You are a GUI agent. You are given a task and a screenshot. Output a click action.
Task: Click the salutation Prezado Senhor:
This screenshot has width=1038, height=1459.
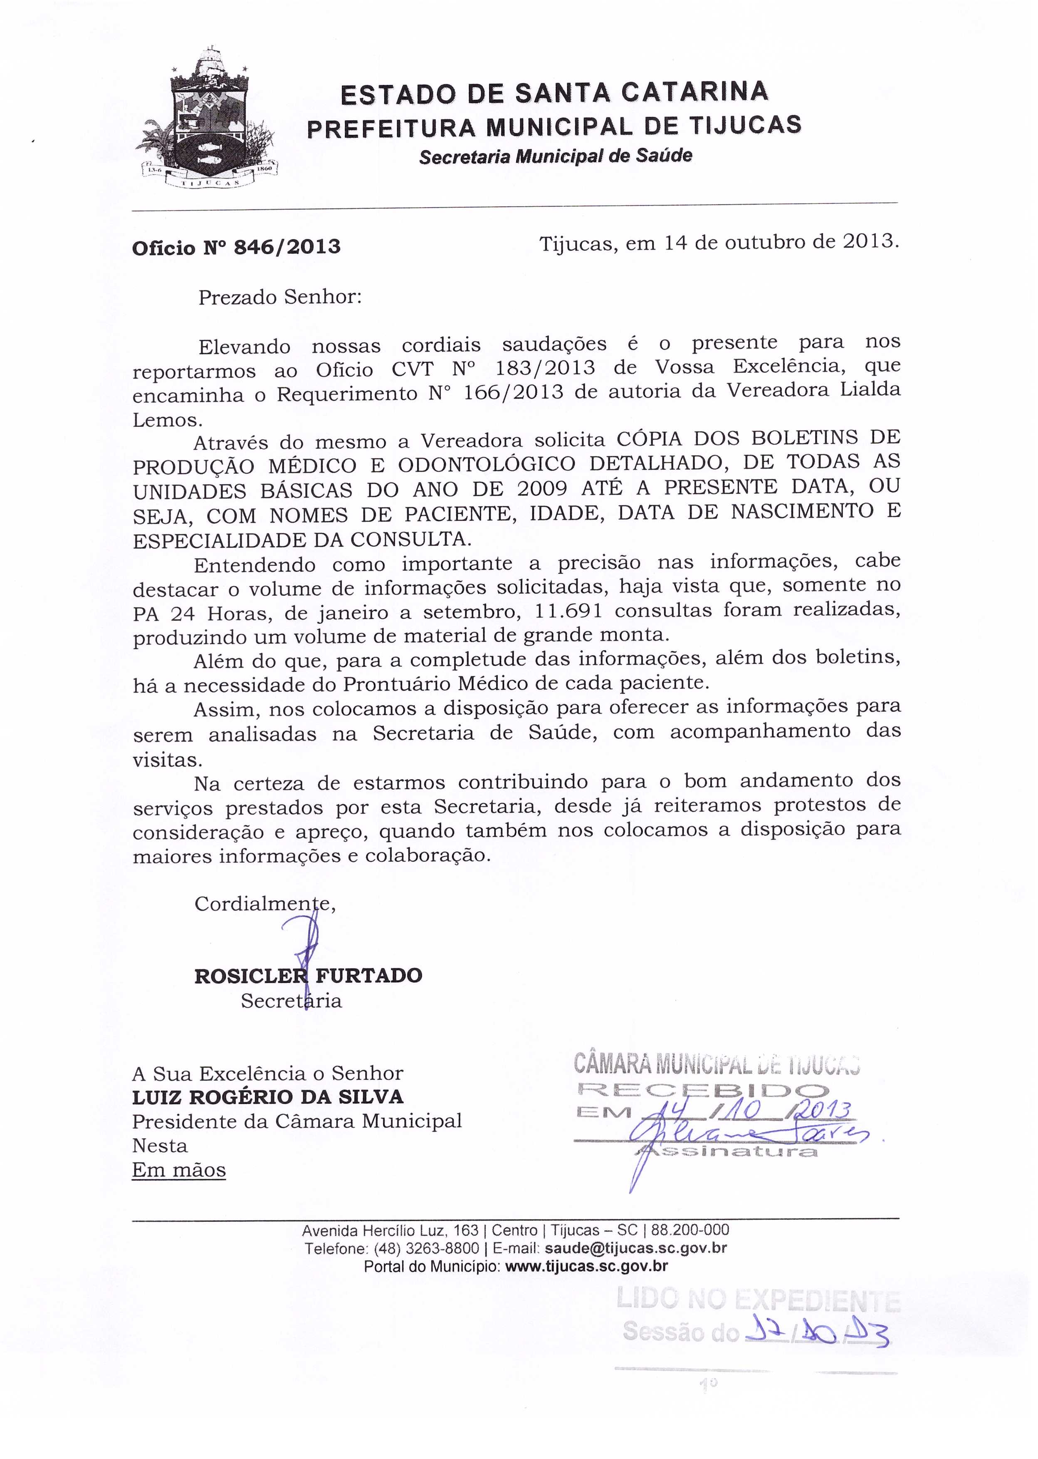pyautogui.click(x=280, y=297)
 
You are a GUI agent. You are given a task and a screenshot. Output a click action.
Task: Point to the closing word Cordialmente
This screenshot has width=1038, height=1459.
pyautogui.click(x=264, y=904)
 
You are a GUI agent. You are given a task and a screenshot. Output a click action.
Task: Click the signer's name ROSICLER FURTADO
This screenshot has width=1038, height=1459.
pyautogui.click(x=308, y=976)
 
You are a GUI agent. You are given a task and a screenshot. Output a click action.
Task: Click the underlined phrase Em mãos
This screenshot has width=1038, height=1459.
pyautogui.click(x=179, y=1170)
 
